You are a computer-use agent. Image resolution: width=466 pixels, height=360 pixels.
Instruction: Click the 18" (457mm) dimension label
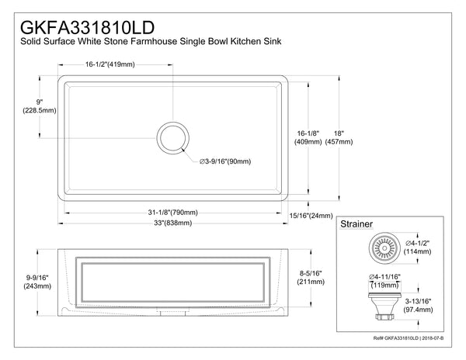click(339, 137)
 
